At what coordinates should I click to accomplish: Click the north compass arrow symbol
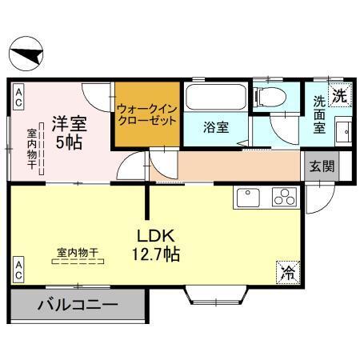[x=26, y=55]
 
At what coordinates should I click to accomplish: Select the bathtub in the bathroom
[x=216, y=99]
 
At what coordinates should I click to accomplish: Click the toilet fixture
[x=269, y=98]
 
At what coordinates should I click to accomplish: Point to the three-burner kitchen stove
[x=285, y=197]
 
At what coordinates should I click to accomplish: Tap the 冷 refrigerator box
[x=286, y=272]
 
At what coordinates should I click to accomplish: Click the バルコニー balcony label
[x=78, y=305]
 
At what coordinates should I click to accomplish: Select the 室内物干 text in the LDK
[x=77, y=254]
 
